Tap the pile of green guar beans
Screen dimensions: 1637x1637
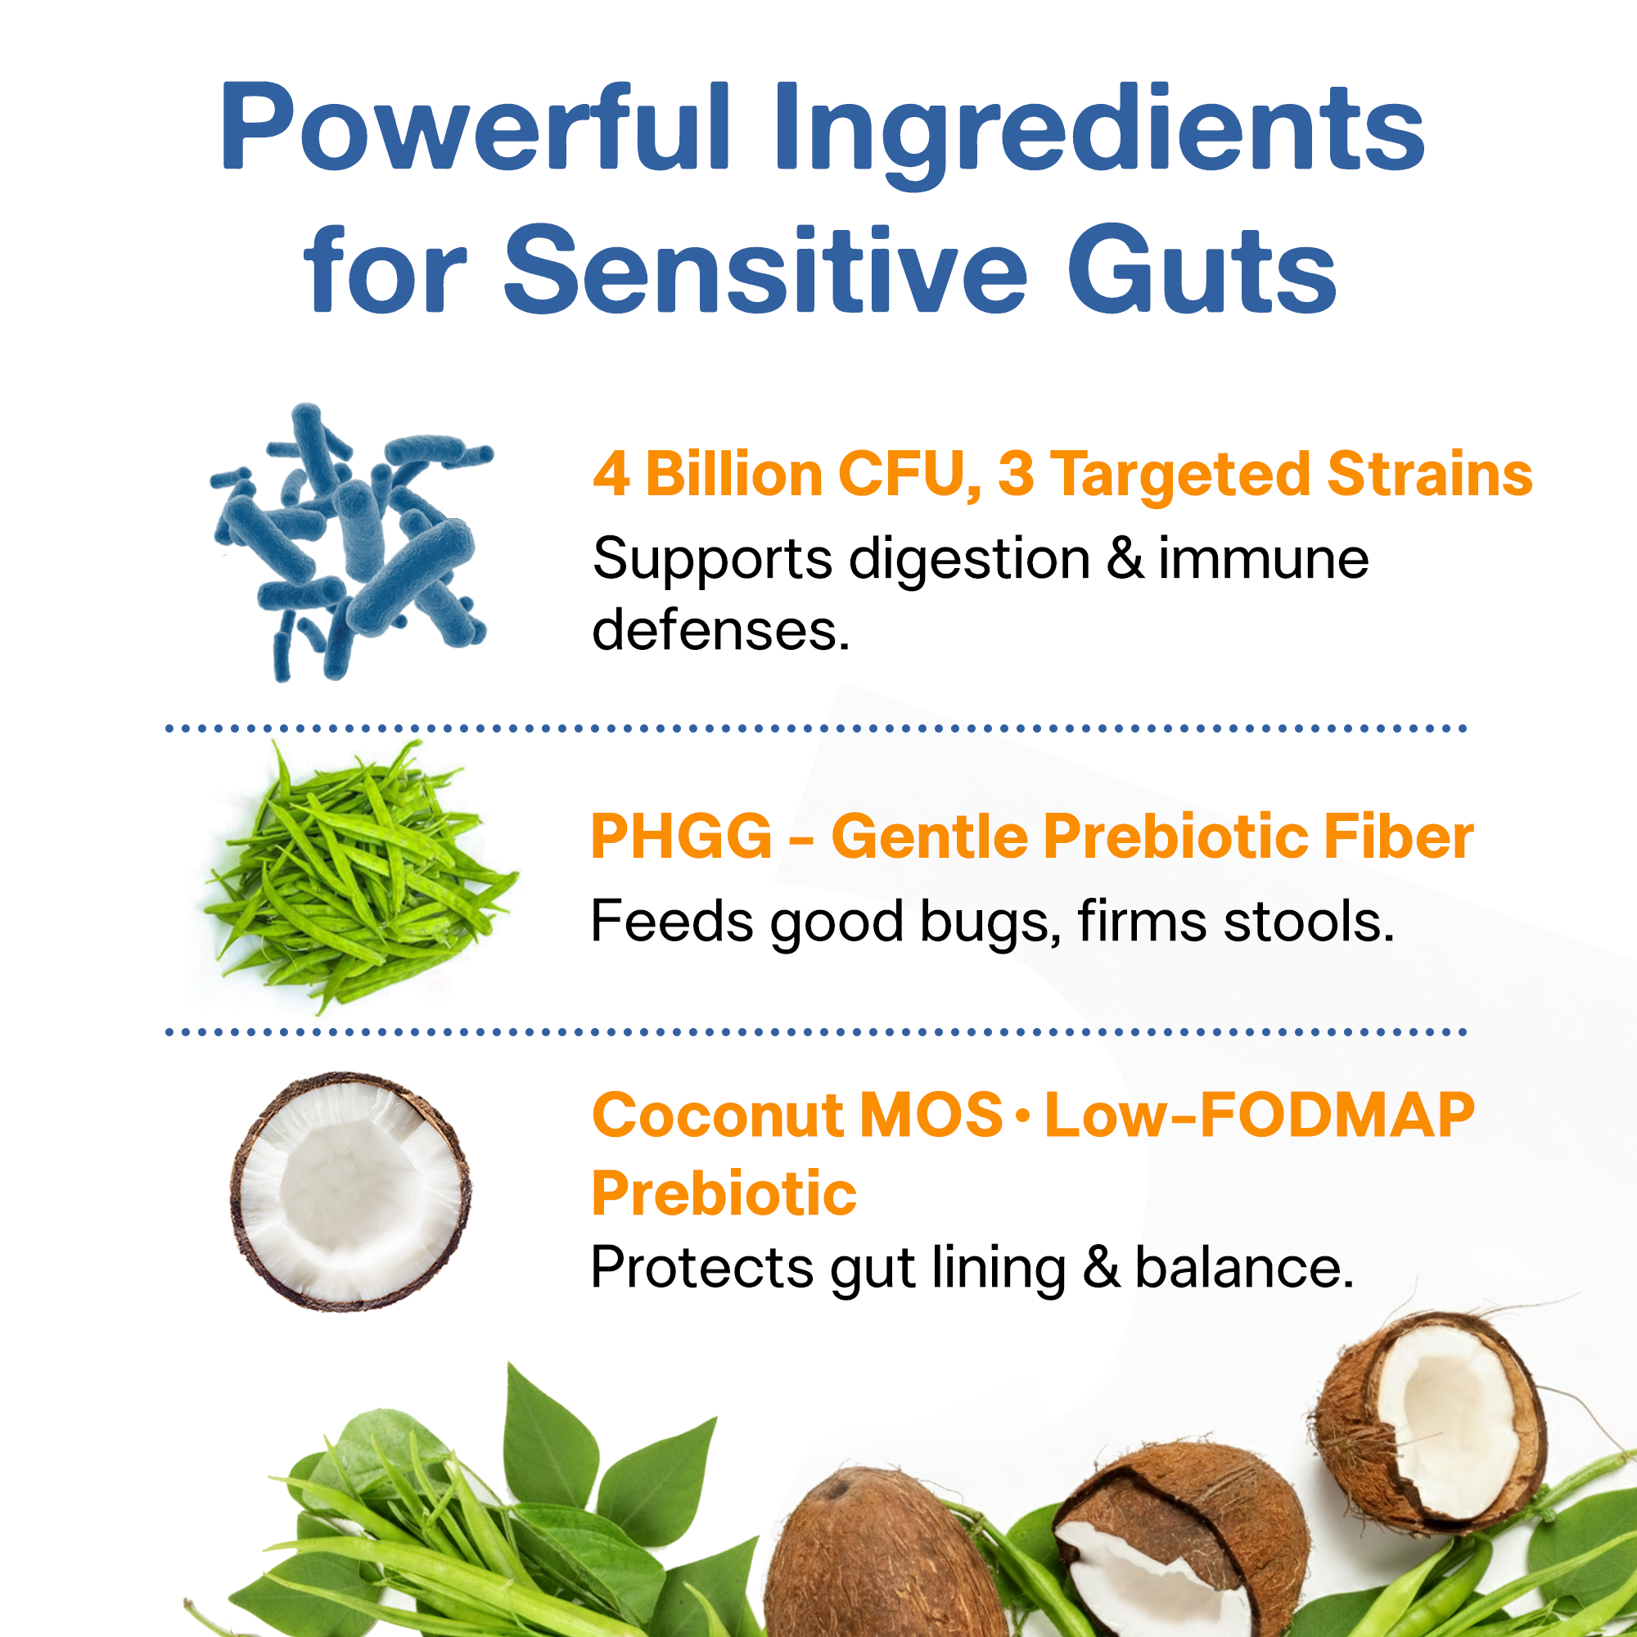360,877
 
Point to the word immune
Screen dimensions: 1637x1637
1262,560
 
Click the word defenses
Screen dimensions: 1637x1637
720,631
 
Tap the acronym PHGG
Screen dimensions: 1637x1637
681,837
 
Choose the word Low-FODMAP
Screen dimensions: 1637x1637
1259,1115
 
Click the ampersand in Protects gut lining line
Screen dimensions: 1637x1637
1101,1269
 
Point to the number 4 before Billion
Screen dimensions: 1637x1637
611,474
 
